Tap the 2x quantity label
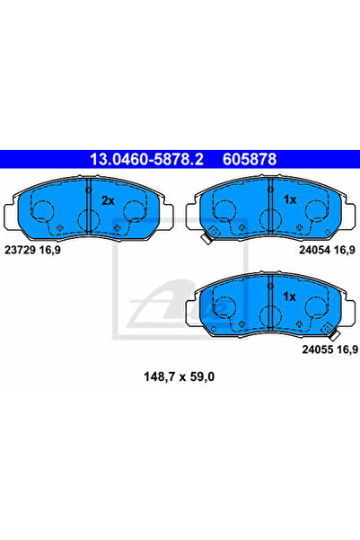pyautogui.click(x=108, y=200)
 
